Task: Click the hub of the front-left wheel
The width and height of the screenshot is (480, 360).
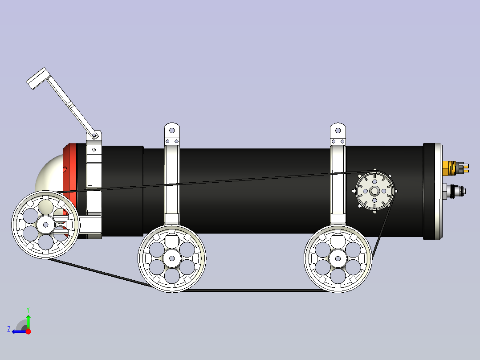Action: (x=45, y=225)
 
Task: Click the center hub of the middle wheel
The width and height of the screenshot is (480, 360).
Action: (x=172, y=258)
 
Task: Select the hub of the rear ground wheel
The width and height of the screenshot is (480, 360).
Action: (x=338, y=258)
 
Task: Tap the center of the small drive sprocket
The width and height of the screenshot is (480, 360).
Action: (x=374, y=191)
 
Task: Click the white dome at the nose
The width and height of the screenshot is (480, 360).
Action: (x=49, y=174)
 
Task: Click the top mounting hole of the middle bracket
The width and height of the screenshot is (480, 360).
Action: (x=172, y=131)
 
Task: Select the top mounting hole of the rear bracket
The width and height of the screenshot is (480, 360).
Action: (x=338, y=131)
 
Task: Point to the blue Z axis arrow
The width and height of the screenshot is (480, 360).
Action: (x=19, y=331)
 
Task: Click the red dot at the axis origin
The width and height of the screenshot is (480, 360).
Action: (x=28, y=331)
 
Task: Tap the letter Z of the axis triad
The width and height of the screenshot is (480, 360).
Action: (x=9, y=329)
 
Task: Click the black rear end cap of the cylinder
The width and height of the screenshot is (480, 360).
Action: (x=429, y=191)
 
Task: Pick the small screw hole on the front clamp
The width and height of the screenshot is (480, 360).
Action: (x=94, y=150)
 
